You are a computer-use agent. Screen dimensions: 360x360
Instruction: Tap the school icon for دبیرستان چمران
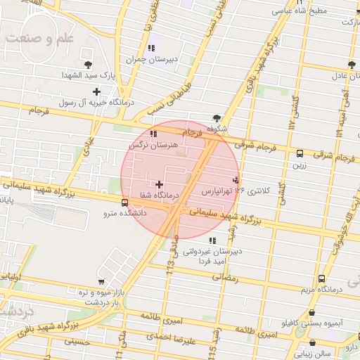[150, 49]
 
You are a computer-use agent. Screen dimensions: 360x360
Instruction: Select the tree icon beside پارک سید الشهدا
[87, 65]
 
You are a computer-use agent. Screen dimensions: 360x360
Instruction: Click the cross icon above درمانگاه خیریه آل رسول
[96, 91]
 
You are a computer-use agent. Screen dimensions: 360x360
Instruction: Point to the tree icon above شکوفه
[217, 117]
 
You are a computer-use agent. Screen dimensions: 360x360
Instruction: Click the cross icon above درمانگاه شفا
[159, 184]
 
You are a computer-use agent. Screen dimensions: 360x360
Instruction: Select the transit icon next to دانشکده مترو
[125, 202]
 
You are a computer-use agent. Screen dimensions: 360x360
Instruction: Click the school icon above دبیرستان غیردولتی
[212, 240]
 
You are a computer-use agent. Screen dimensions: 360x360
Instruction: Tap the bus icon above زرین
[300, 153]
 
